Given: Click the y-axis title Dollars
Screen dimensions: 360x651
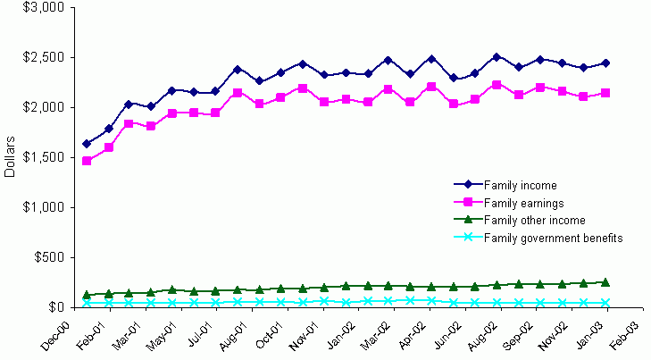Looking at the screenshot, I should tap(10, 157).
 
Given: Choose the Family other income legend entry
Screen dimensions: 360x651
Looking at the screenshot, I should tap(534, 220).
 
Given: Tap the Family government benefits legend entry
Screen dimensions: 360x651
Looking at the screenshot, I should tap(553, 237).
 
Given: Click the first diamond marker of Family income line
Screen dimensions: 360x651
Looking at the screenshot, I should tap(87, 144).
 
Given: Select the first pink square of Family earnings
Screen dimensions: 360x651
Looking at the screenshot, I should tap(87, 161).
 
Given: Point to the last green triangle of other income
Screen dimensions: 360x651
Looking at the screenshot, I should tap(605, 281).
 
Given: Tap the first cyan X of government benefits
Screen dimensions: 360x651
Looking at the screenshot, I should tap(87, 303).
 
